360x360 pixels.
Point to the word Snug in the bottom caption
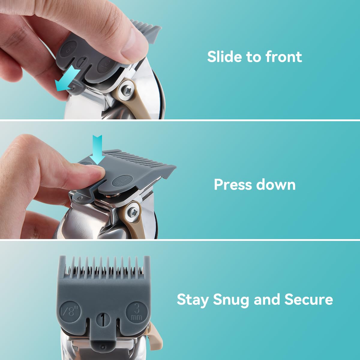(231, 299)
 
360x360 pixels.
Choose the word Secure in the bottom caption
(309, 299)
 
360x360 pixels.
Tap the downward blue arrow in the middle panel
(97, 147)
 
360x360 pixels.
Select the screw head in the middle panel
(133, 212)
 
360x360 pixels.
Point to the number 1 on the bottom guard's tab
(103, 319)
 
